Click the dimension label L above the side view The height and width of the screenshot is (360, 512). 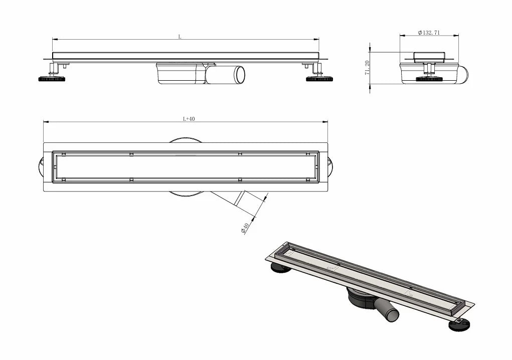click(180, 37)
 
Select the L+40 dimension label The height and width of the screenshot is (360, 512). click(189, 119)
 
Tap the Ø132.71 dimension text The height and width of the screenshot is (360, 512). click(429, 32)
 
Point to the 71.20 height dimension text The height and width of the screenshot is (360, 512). click(367, 68)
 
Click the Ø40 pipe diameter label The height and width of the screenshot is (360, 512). click(245, 228)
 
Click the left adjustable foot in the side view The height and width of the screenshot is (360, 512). click(52, 79)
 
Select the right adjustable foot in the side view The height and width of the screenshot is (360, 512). click(319, 79)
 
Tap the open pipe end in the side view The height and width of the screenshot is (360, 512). click(240, 75)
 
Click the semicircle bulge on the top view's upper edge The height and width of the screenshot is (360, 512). click(185, 140)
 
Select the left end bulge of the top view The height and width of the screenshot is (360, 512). click(41, 167)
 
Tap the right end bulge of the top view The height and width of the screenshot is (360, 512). click(330, 167)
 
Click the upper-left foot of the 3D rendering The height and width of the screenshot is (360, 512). click(280, 268)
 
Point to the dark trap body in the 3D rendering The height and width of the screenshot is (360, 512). click(361, 297)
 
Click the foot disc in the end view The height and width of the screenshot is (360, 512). click(429, 79)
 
